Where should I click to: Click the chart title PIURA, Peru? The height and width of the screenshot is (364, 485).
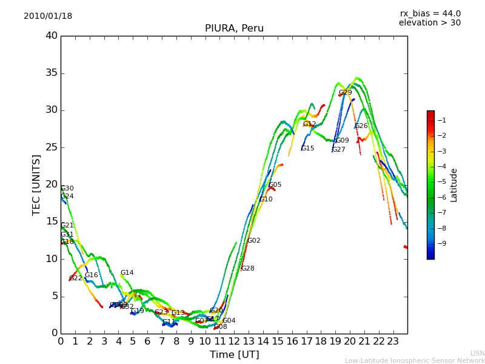click(234, 29)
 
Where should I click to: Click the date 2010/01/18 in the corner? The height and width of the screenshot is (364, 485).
click(48, 16)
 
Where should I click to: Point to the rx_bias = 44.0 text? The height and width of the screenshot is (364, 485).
click(430, 13)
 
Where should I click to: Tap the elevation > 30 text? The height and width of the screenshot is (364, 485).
click(430, 23)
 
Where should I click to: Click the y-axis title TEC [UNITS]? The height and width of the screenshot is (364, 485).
click(36, 185)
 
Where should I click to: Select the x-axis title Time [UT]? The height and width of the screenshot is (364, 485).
click(234, 355)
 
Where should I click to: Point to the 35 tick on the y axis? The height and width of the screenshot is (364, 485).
click(51, 73)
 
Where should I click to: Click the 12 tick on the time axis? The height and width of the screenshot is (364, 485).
click(234, 342)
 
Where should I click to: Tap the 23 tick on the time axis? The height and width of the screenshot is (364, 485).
click(393, 342)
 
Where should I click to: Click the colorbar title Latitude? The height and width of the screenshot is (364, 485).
click(454, 185)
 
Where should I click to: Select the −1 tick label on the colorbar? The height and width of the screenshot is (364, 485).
click(441, 120)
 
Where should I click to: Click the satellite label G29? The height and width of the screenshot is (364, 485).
click(345, 93)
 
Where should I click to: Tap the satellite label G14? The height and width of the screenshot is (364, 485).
click(127, 273)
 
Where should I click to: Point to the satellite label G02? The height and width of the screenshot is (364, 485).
click(253, 241)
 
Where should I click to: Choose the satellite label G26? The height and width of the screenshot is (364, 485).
click(361, 126)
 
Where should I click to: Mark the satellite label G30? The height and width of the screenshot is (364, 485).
click(67, 189)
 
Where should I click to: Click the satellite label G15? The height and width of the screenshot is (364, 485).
click(307, 149)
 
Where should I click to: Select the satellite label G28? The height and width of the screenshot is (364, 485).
click(247, 269)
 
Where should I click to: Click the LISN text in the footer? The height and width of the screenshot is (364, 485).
click(477, 353)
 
